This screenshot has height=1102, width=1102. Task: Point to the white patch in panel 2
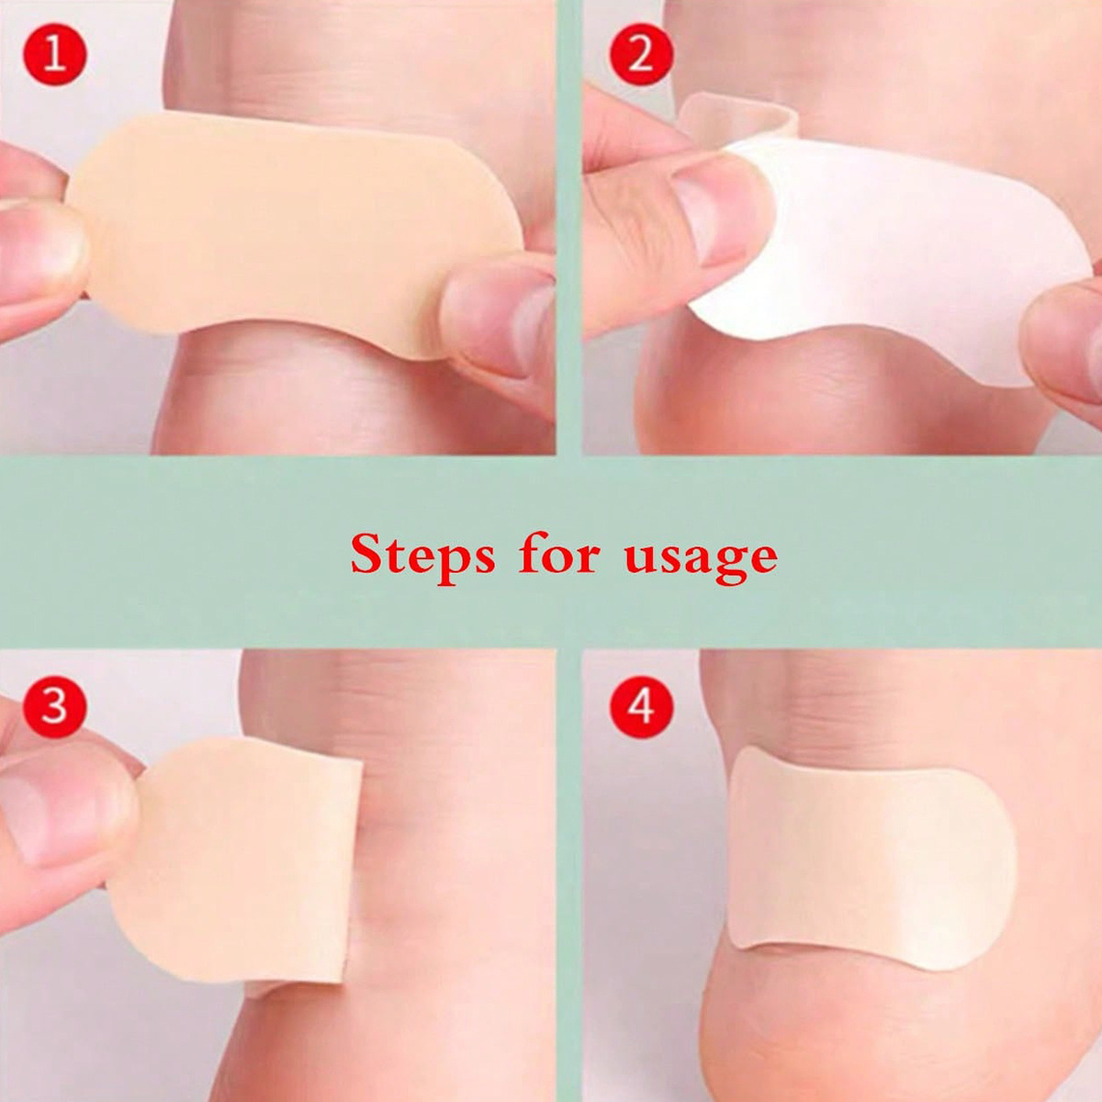click(x=892, y=257)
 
